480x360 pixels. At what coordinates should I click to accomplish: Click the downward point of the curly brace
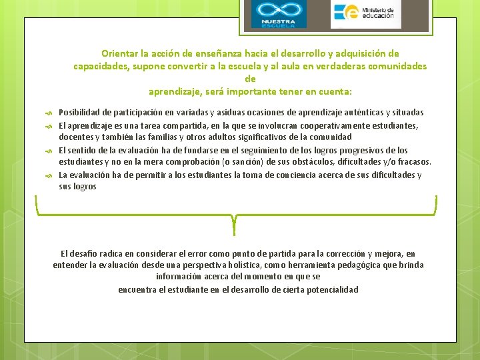(234, 230)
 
